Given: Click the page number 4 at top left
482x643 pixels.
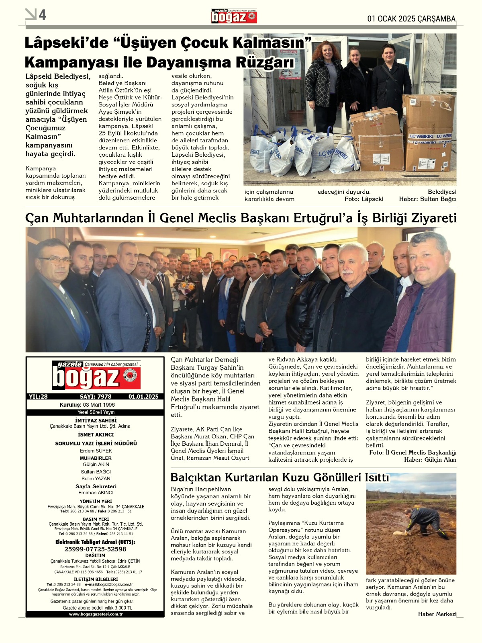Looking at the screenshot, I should (42, 15).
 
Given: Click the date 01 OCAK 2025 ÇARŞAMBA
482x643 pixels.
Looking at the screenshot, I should (412, 19).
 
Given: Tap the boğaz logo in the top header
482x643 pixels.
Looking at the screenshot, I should (234, 16).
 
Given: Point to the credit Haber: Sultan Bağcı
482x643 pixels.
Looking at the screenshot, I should (427, 199).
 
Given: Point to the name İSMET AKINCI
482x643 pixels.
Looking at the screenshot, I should (96, 434).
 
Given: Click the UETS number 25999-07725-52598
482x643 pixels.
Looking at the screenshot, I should (95, 549).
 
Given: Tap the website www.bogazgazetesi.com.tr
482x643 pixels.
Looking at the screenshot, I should (96, 614).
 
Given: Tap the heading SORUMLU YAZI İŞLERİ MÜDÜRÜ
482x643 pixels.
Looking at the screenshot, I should (96, 443).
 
